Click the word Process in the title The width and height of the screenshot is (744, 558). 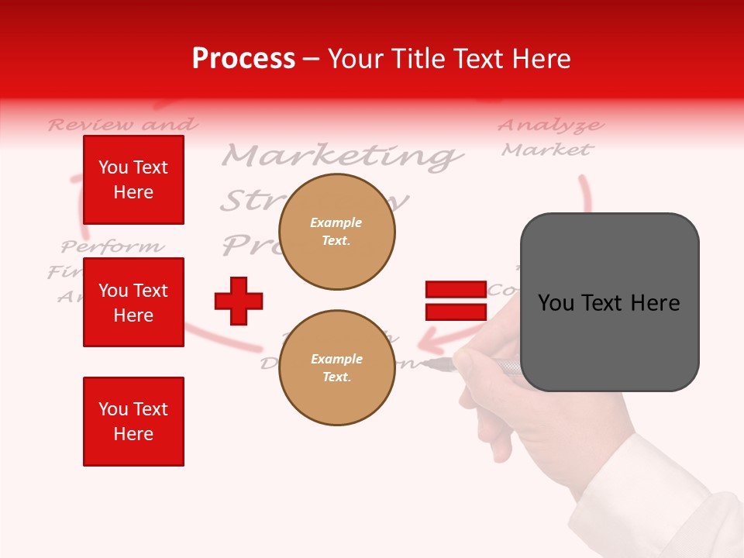243,58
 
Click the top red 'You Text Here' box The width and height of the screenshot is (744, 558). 133,180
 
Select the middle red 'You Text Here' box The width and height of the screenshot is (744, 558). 133,302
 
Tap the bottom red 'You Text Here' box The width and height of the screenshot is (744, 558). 133,422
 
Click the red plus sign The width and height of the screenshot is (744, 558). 239,301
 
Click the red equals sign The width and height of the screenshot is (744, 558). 456,301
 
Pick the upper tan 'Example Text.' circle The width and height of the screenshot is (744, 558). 336,232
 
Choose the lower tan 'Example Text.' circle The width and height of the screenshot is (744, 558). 336,367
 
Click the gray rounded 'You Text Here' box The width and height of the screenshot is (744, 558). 609,302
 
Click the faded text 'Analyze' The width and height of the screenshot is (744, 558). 550,125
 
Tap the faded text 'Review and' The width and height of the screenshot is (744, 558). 122,124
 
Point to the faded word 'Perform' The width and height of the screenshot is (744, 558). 113,247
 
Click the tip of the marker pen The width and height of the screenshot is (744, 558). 426,362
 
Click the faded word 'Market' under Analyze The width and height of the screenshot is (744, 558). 547,149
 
